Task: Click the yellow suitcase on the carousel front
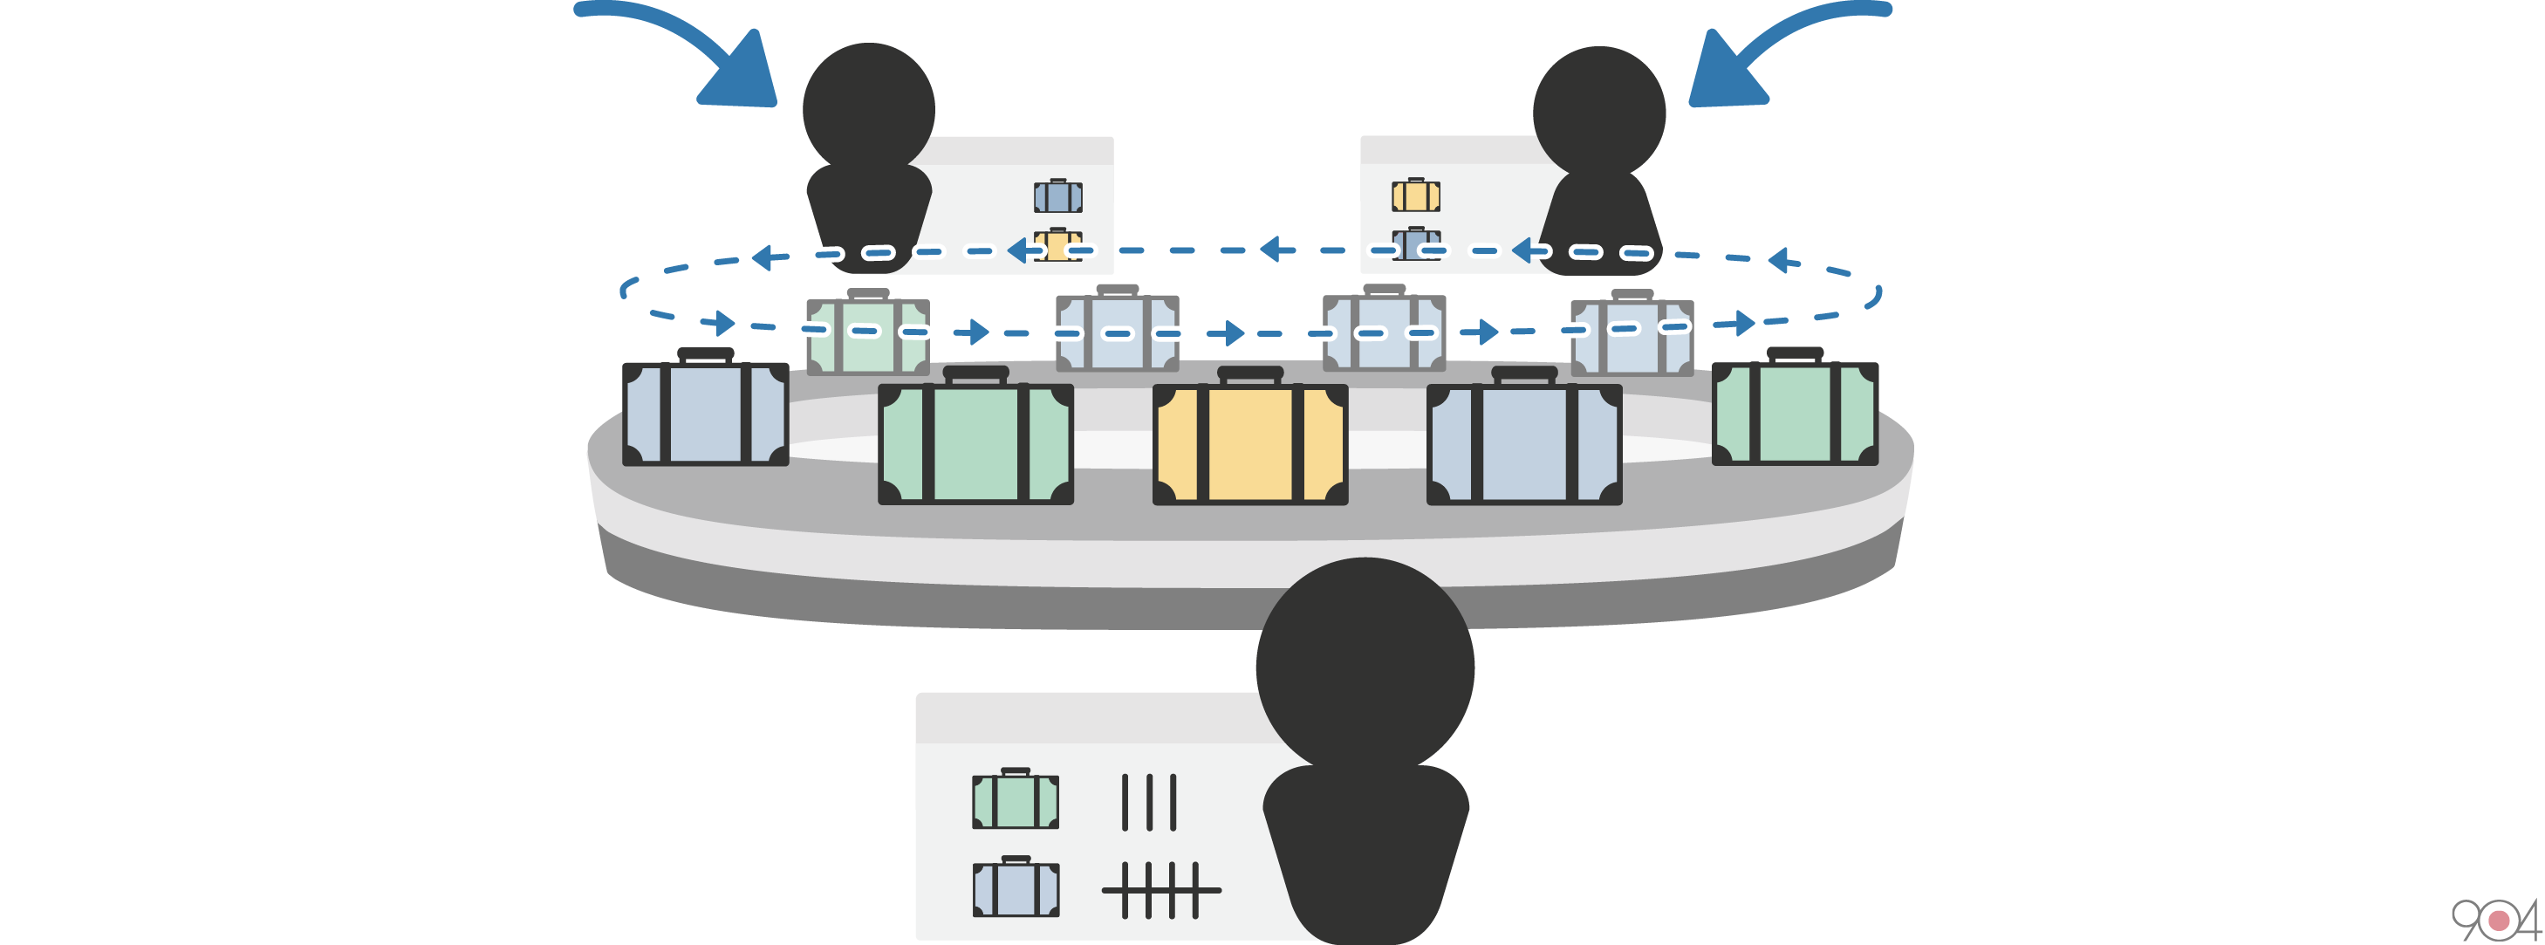[1249, 444]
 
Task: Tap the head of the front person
[1365, 668]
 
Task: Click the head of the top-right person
[1598, 112]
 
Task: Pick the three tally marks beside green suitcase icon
[1148, 802]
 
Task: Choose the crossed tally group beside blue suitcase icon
[1161, 890]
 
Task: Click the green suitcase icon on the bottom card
[1016, 799]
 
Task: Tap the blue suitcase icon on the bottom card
[1016, 887]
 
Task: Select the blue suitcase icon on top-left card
[1058, 196]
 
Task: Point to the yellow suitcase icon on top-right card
[1416, 195]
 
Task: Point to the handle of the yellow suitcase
[1249, 374]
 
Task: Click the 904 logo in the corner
[2495, 921]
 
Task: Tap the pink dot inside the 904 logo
[2500, 921]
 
